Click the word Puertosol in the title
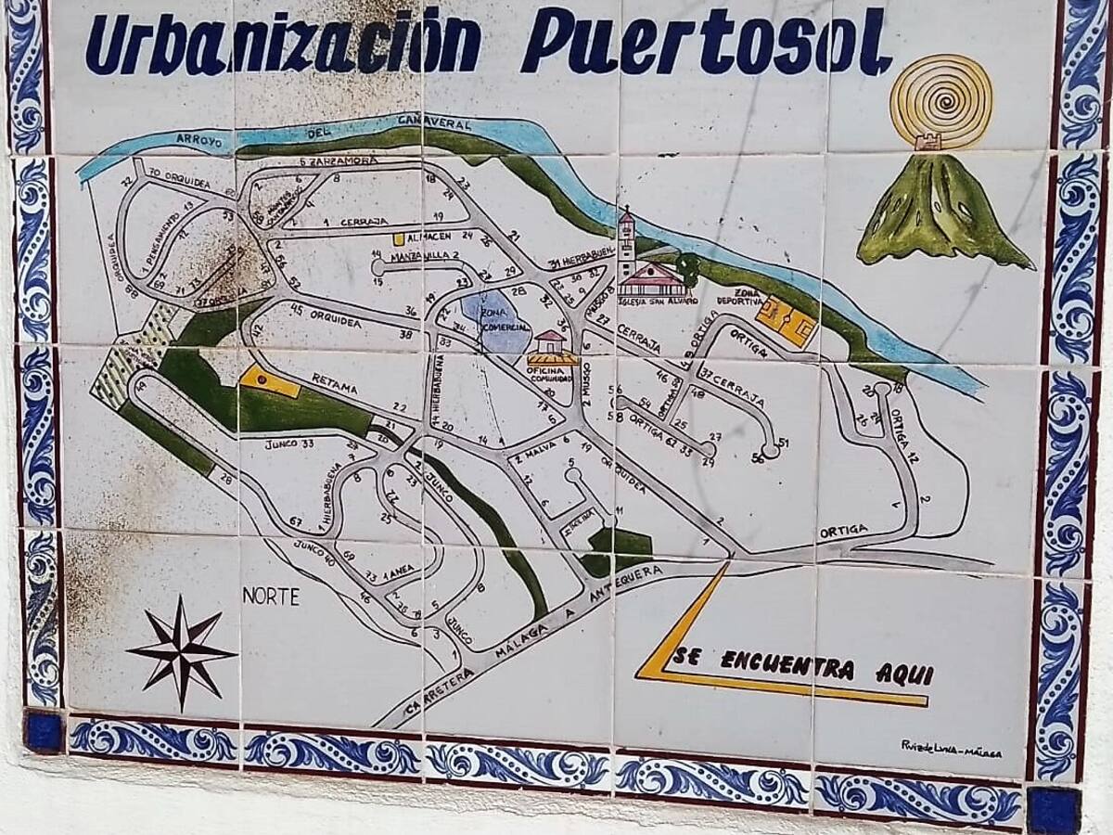pos(705,42)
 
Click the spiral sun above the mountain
pos(940,100)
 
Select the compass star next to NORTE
pos(182,651)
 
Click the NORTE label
pos(271,597)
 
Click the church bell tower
pos(627,243)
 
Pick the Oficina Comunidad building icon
pos(552,349)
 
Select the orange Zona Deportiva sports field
pos(786,321)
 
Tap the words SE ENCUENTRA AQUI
pos(803,665)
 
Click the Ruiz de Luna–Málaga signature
pos(951,747)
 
